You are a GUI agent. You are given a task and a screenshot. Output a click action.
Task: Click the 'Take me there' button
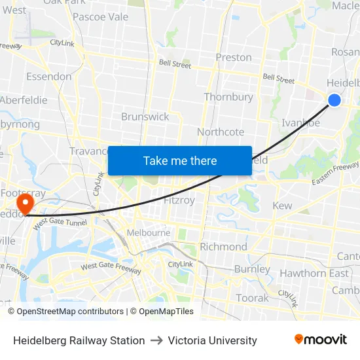(x=180, y=160)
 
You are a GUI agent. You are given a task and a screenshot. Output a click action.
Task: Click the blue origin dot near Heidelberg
(x=334, y=99)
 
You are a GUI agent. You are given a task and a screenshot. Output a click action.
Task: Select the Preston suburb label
(x=234, y=57)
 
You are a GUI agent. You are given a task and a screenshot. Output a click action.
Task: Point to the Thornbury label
(x=228, y=97)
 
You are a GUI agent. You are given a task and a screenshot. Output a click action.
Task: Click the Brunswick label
(x=145, y=117)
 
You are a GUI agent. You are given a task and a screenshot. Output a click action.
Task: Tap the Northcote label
(x=221, y=132)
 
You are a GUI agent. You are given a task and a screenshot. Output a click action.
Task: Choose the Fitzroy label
(x=179, y=200)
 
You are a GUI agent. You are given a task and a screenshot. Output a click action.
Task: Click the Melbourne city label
(x=149, y=232)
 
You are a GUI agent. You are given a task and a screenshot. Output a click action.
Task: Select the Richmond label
(x=223, y=247)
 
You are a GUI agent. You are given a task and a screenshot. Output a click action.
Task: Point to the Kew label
(x=282, y=206)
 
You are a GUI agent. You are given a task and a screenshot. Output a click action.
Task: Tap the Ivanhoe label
(x=300, y=122)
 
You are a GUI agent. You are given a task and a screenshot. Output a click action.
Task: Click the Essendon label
(x=49, y=77)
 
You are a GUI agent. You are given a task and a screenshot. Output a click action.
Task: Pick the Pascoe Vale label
(x=100, y=17)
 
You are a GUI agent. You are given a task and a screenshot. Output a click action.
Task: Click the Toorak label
(x=252, y=298)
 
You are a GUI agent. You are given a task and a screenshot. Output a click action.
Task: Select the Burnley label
(x=252, y=269)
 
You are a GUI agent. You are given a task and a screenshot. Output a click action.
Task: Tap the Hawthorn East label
(x=314, y=273)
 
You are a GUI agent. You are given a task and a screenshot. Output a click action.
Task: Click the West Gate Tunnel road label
(x=60, y=224)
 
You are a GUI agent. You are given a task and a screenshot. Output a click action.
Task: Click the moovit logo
(x=321, y=340)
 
